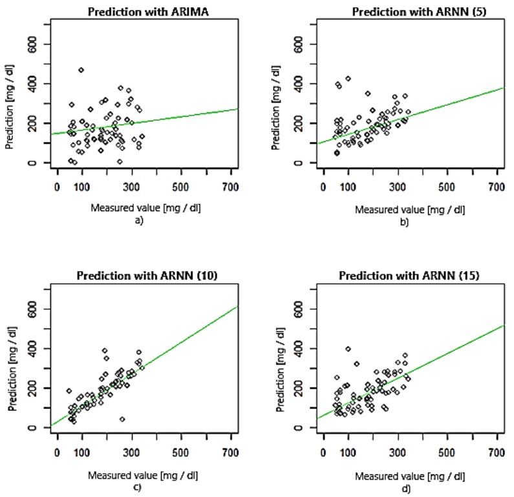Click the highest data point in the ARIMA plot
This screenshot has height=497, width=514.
[x=81, y=70]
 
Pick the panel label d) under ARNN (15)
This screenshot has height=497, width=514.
[x=405, y=488]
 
